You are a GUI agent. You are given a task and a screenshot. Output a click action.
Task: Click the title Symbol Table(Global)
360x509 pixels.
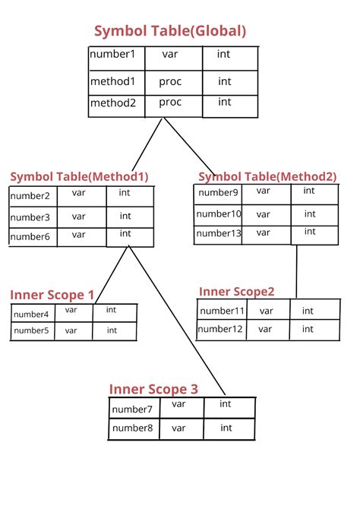click(x=169, y=31)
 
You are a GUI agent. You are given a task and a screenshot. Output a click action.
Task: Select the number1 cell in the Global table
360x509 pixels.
click(x=112, y=55)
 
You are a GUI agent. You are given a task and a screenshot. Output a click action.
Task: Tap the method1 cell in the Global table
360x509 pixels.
click(x=112, y=81)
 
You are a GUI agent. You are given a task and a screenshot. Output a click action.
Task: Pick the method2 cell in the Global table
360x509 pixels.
click(x=112, y=103)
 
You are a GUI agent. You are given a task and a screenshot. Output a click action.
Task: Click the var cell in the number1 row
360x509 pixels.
click(x=170, y=55)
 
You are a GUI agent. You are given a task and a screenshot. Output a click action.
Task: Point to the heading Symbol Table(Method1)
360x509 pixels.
click(x=79, y=176)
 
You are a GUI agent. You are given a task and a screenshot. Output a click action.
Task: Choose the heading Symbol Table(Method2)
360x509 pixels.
click(x=267, y=176)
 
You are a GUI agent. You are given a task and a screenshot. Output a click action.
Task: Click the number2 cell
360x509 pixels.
click(x=30, y=197)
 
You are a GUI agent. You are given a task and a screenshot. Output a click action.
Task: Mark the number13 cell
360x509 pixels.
click(x=219, y=233)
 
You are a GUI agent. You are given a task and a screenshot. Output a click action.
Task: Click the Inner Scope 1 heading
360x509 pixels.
click(x=52, y=295)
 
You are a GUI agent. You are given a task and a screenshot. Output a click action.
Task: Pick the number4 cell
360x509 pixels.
click(x=31, y=314)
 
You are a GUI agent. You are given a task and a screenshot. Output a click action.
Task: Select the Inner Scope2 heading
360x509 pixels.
click(x=236, y=292)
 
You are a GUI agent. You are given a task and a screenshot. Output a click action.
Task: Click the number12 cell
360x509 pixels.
click(x=221, y=329)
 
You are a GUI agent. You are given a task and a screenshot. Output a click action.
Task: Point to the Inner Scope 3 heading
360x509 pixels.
click(x=153, y=389)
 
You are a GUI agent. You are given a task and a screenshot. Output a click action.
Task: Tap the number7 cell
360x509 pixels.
click(x=133, y=409)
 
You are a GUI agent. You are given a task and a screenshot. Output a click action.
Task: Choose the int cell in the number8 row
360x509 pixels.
click(x=226, y=428)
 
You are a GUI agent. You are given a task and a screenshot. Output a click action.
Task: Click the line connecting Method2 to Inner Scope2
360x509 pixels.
click(x=296, y=271)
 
